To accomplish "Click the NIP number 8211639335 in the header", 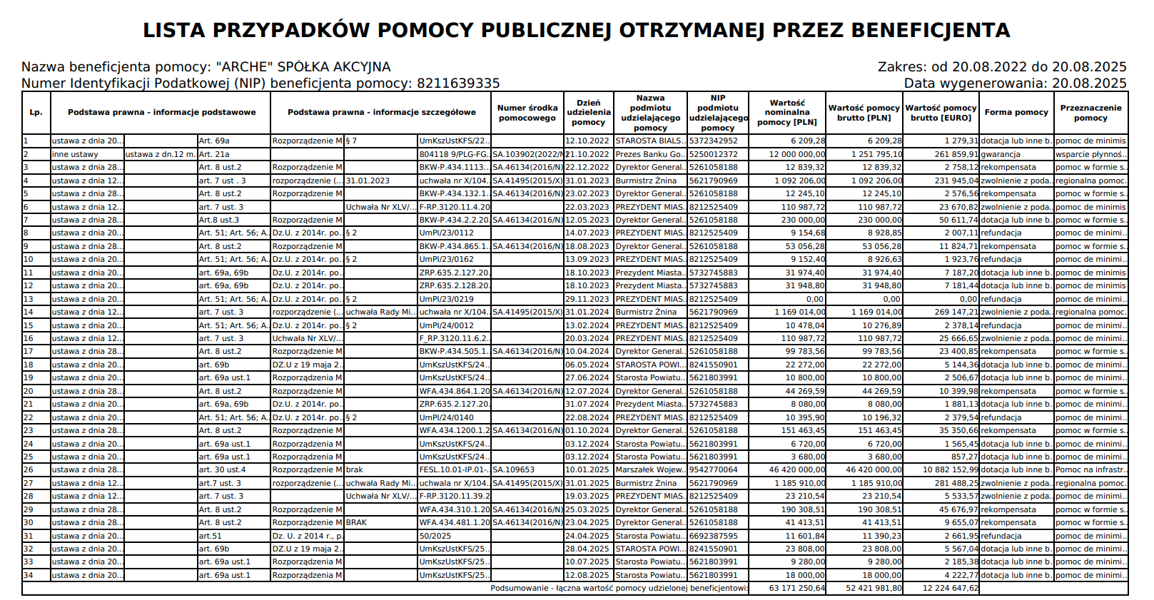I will pyautogui.click(x=458, y=83).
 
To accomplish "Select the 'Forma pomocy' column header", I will pyautogui.click(x=1016, y=112).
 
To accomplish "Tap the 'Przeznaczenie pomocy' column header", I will pyautogui.click(x=1090, y=113).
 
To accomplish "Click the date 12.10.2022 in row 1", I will pyautogui.click(x=587, y=141).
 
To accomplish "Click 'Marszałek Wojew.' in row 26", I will pyautogui.click(x=649, y=470).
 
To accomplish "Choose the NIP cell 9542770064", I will pyautogui.click(x=714, y=470).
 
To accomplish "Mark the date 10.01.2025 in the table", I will pyautogui.click(x=587, y=470).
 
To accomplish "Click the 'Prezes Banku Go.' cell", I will pyautogui.click(x=649, y=154).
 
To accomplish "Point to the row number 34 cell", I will pyautogui.click(x=29, y=576).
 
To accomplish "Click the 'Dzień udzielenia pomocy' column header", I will pyautogui.click(x=588, y=113).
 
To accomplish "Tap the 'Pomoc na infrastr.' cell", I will pyautogui.click(x=1090, y=470).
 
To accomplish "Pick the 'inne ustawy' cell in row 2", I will pyautogui.click(x=75, y=154).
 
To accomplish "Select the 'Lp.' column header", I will pyautogui.click(x=36, y=113).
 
